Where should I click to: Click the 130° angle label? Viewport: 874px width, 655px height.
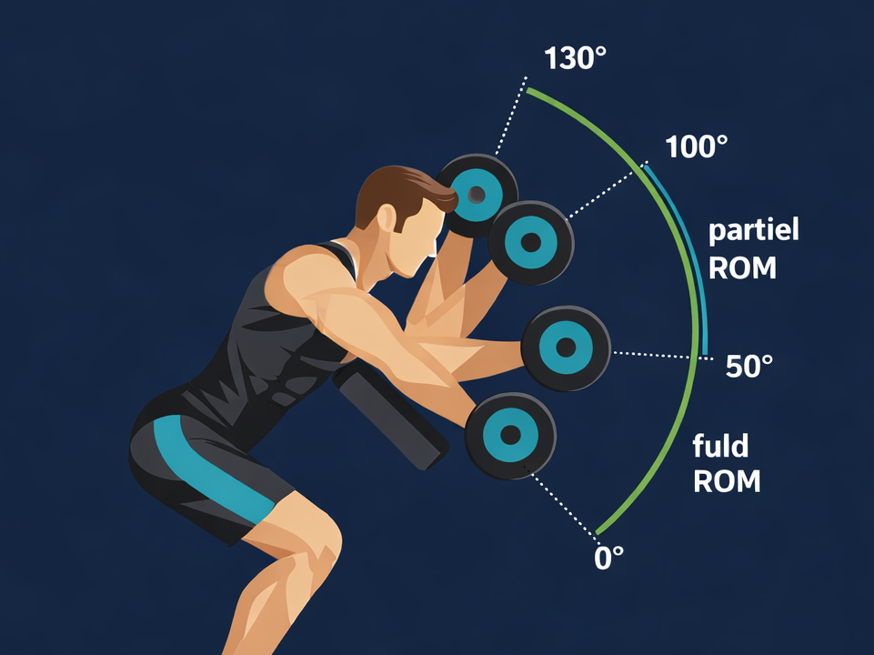[575, 59]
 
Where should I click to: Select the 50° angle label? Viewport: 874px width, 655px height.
[749, 367]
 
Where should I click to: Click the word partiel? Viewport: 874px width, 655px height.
[754, 231]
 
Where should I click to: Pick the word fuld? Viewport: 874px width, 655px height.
[720, 447]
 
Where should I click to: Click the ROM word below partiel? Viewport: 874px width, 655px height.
[742, 269]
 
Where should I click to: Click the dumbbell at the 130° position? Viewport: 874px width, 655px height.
[477, 193]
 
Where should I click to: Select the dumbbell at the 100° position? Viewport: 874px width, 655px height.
[531, 242]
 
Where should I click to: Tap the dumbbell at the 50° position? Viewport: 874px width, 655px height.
[565, 348]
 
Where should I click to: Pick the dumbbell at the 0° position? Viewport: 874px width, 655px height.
[509, 435]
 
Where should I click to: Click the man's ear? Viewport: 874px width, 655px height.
[387, 217]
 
